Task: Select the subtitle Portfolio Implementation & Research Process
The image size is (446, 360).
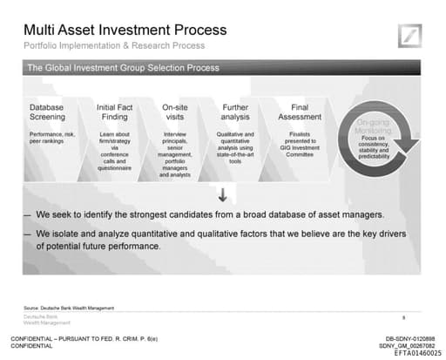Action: [x=112, y=45]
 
